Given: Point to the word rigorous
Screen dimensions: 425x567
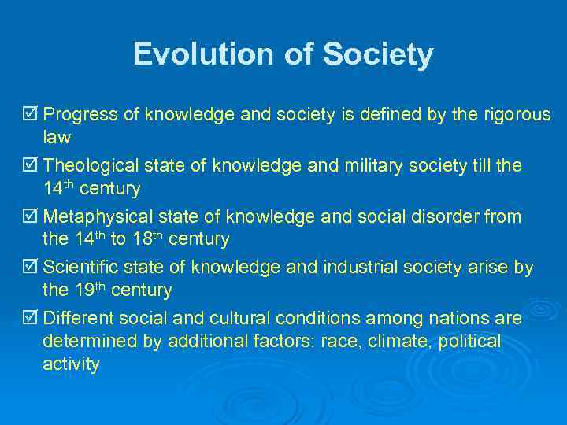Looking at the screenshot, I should coord(515,115).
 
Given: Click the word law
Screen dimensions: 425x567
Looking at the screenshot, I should coord(57,138).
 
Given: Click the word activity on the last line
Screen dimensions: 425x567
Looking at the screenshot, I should coord(71,364).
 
